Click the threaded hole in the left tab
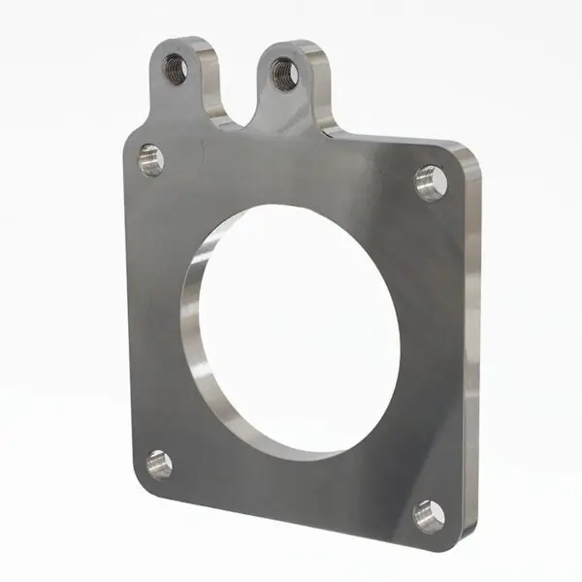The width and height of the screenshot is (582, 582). (x=176, y=68)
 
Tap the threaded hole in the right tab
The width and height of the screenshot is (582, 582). (x=284, y=73)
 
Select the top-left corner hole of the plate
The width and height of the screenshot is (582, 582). (x=151, y=158)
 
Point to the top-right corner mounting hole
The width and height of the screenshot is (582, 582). (x=430, y=181)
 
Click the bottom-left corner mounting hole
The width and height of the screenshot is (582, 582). (x=159, y=464)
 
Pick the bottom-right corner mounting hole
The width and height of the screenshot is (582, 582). (x=428, y=514)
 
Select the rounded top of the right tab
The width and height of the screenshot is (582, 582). (x=291, y=44)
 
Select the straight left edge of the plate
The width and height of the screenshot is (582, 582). (x=126, y=310)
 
